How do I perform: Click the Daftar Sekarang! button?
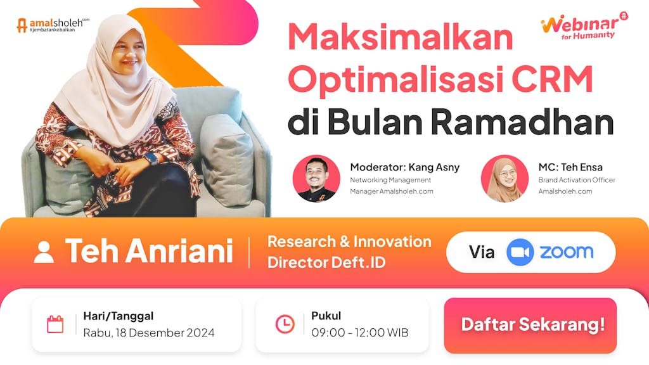(530, 325)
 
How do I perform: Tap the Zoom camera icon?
(520, 252)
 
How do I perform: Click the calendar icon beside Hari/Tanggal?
(55, 324)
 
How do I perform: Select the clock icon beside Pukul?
(285, 324)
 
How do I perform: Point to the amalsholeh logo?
(53, 25)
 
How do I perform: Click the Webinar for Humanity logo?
(584, 26)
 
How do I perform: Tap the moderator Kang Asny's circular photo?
(316, 179)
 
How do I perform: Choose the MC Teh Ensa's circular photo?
(504, 179)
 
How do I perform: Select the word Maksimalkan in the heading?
(401, 36)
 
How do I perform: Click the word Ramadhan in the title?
(522, 122)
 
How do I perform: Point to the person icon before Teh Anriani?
(44, 252)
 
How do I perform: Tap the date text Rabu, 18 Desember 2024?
(149, 333)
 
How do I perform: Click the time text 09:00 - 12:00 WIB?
(360, 332)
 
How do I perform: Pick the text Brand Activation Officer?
(577, 180)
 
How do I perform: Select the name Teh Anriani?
(149, 251)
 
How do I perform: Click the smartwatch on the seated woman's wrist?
(151, 158)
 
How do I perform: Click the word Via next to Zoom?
(482, 252)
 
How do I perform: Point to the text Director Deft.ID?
(326, 262)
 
